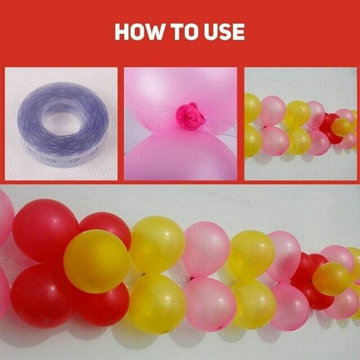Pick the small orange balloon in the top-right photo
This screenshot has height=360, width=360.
tap(341, 127)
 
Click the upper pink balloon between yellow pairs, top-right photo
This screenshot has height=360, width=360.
tap(273, 111)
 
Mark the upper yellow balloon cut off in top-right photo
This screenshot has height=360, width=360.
tap(252, 108)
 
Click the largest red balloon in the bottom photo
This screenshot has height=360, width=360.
tap(46, 230)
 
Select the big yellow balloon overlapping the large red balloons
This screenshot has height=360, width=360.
tap(96, 261)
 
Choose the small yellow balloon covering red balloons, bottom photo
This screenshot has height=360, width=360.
tap(331, 278)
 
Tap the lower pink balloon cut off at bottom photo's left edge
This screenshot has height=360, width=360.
tap(4, 291)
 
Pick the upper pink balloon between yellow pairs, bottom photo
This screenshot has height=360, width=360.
tap(206, 249)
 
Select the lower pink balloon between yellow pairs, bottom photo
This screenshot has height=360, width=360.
tap(210, 304)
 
